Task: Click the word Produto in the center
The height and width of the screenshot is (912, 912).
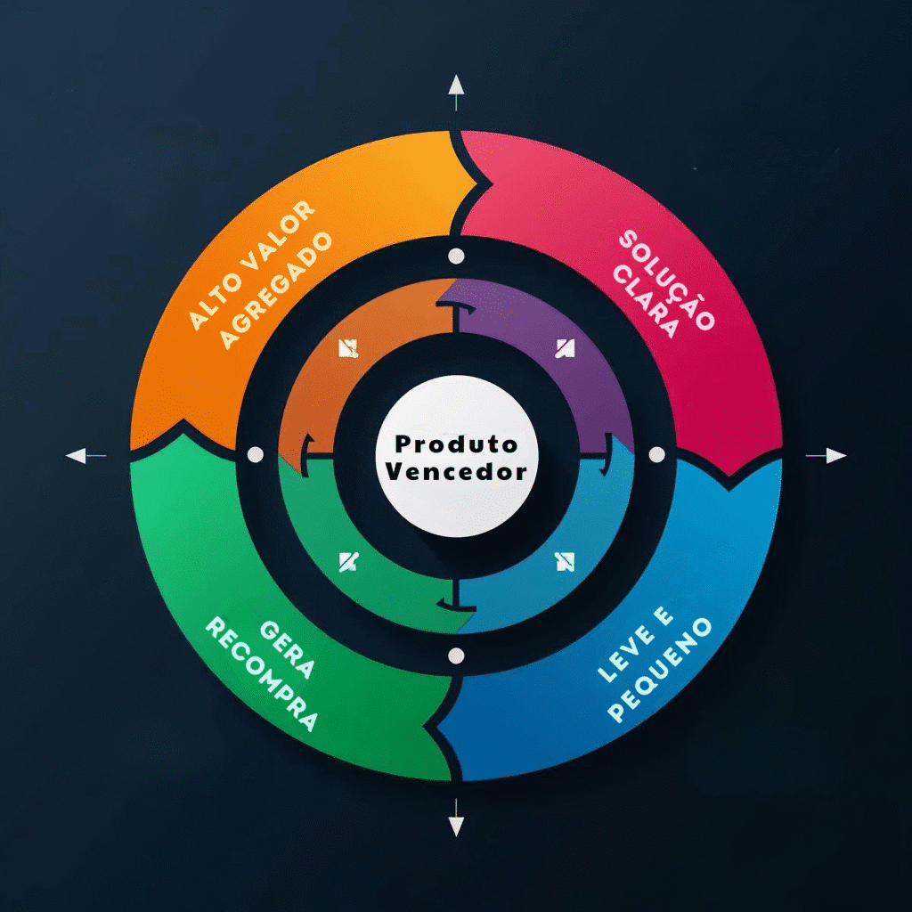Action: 456,444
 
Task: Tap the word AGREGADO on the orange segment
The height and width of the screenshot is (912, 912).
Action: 276,290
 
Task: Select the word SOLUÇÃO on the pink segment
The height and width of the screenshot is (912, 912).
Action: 666,280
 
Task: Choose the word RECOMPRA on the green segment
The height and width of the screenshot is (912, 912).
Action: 262,674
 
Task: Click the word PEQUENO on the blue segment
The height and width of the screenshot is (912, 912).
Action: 660,670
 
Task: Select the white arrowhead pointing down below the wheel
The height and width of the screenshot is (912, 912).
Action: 456,826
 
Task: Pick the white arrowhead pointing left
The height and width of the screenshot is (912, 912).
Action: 77,456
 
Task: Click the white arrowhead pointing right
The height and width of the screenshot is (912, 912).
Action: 835,456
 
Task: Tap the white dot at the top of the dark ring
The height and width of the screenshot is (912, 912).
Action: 456,256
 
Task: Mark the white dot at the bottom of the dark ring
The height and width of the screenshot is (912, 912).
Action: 456,656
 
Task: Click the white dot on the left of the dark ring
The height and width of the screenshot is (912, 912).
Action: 256,455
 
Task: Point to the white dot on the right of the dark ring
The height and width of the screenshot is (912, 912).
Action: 656,455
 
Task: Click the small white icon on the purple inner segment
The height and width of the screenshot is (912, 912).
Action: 565,348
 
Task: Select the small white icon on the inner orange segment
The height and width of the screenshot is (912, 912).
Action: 348,348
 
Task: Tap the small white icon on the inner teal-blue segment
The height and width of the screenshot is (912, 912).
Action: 565,562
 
